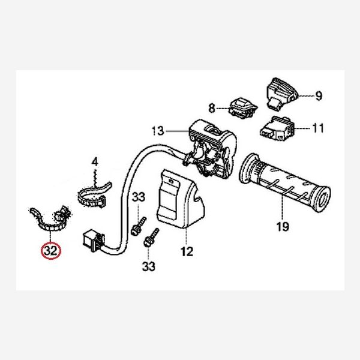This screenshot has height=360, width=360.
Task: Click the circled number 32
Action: (51, 251)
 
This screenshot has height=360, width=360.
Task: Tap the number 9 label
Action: (319, 96)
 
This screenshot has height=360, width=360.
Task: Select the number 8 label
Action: (211, 109)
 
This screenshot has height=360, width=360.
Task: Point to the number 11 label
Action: (318, 128)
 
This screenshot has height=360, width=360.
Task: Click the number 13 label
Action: (158, 131)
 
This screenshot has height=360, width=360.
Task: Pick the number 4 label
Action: (95, 162)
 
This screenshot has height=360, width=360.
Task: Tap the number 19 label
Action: (283, 227)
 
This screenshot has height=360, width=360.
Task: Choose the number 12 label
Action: (187, 251)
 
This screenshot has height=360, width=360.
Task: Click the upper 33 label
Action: (138, 197)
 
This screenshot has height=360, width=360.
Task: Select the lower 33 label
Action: (149, 266)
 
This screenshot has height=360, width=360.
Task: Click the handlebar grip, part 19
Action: (284, 182)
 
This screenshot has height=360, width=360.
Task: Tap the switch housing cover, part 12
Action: (181, 199)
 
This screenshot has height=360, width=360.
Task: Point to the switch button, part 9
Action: (282, 94)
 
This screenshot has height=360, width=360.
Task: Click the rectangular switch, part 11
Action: (277, 128)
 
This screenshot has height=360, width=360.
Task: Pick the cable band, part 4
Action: (94, 194)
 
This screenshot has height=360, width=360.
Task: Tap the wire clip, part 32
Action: (51, 220)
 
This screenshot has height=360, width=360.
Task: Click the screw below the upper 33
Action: (139, 226)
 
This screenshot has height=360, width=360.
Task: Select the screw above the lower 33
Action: (151, 238)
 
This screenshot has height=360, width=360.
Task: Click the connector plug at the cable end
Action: (94, 241)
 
